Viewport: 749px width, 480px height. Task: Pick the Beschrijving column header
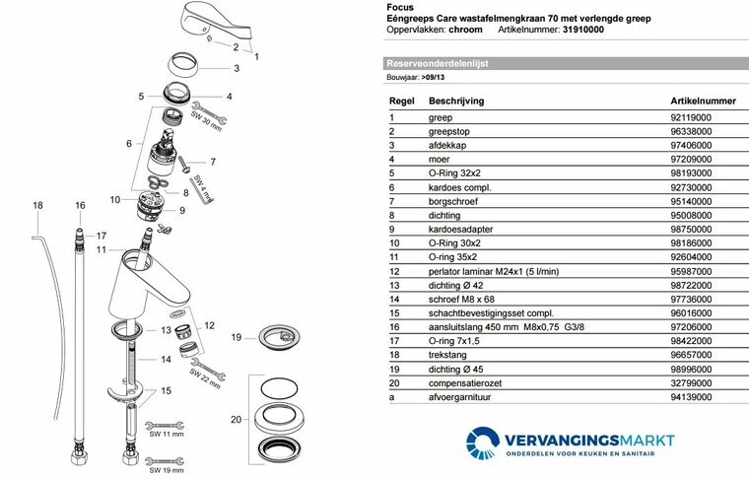(456, 100)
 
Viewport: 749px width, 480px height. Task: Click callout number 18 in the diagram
(37, 205)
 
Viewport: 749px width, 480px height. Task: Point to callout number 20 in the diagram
(235, 420)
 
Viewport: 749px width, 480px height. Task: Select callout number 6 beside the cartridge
(129, 144)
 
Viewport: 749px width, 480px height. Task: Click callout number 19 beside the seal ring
(236, 338)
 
